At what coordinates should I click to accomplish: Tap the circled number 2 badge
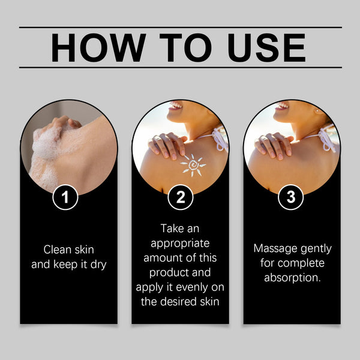point(180,197)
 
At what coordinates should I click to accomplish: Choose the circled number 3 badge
point(291,197)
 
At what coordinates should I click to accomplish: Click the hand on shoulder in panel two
point(164,144)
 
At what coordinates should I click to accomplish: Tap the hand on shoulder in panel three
point(275,144)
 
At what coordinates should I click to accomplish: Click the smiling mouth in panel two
point(175,106)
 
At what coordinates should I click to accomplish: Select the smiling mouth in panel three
point(281,106)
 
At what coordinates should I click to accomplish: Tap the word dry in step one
point(97,264)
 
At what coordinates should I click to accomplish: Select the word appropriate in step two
point(180,244)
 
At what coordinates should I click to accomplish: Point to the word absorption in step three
point(291,278)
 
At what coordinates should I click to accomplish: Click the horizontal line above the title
point(180,27)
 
